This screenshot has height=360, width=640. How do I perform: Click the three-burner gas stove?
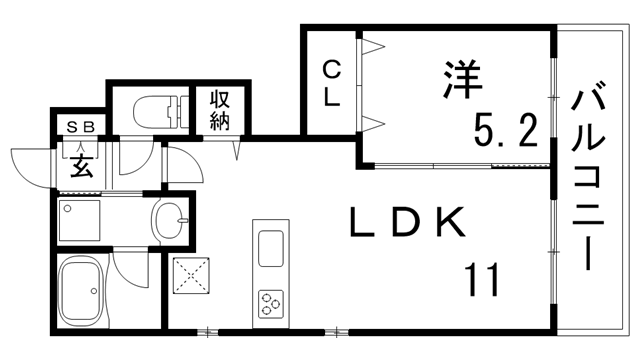pos(272,301)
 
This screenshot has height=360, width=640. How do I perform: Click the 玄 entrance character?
pos(80,164)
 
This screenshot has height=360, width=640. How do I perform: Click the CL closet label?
pos(332,83)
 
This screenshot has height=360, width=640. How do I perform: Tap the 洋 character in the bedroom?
pos(461,80)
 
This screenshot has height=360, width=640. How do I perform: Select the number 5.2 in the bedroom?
pos(507,128)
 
